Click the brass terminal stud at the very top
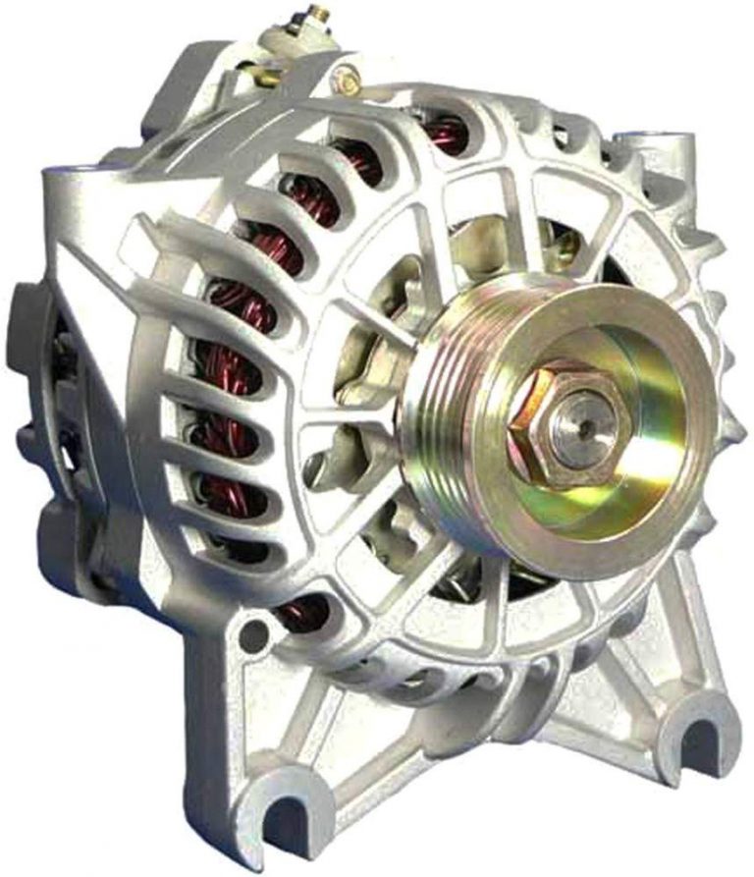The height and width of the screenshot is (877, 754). pos(316,15)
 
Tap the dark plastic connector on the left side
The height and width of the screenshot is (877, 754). pos(29,324)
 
